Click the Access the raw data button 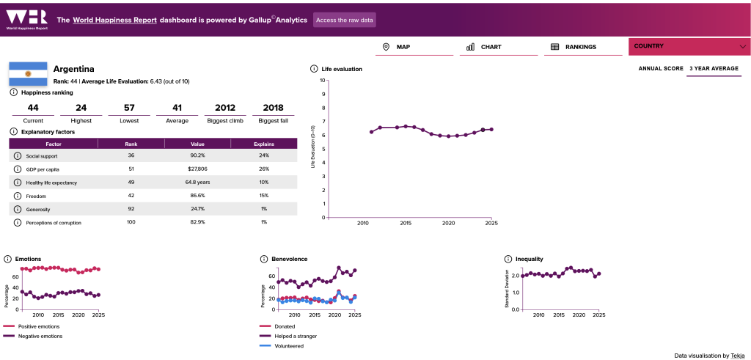pyautogui.click(x=345, y=20)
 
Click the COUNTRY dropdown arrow pyautogui.click(x=743, y=46)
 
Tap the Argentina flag pyautogui.click(x=29, y=74)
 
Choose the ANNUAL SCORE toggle pyautogui.click(x=661, y=68)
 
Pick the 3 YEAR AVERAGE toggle pyautogui.click(x=714, y=68)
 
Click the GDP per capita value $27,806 pyautogui.click(x=197, y=169)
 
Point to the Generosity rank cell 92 pyautogui.click(x=131, y=209)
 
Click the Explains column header pyautogui.click(x=264, y=144)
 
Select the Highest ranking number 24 pyautogui.click(x=81, y=108)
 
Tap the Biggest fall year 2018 pyautogui.click(x=273, y=108)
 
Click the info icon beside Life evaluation pyautogui.click(x=314, y=69)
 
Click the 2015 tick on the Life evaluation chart pyautogui.click(x=406, y=223)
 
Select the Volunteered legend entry pyautogui.click(x=282, y=345)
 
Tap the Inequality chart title pyautogui.click(x=530, y=259)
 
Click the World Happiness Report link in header pyautogui.click(x=115, y=20)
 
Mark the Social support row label pyautogui.click(x=42, y=156)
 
